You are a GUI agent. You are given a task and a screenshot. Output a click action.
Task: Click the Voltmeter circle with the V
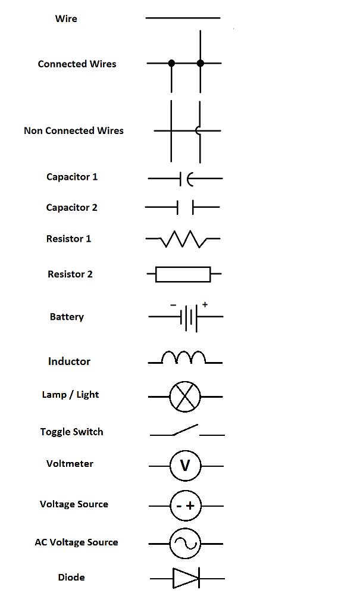pyautogui.click(x=185, y=465)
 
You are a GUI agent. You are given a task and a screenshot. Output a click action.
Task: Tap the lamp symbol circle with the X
pyautogui.click(x=185, y=397)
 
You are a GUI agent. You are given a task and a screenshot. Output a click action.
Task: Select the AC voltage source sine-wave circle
pyautogui.click(x=185, y=543)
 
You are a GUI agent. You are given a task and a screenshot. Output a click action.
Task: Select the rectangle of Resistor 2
pyautogui.click(x=183, y=274)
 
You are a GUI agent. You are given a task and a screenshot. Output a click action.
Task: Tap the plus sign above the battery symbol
pyautogui.click(x=205, y=304)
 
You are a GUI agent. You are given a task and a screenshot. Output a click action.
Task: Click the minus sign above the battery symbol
pyautogui.click(x=173, y=305)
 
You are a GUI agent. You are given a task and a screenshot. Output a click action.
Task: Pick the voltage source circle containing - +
pyautogui.click(x=186, y=506)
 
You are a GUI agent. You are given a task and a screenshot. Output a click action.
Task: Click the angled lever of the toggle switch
pyautogui.click(x=185, y=429)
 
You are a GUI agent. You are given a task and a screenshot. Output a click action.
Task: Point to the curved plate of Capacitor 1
pyautogui.click(x=189, y=178)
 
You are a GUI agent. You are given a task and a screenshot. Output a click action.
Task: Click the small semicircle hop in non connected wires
pyautogui.click(x=198, y=131)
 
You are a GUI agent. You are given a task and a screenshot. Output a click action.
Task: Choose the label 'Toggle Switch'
pyautogui.click(x=72, y=432)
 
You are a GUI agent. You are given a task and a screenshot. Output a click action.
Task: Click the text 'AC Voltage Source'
pyautogui.click(x=76, y=542)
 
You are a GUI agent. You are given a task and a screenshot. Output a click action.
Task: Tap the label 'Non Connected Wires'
pyautogui.click(x=74, y=130)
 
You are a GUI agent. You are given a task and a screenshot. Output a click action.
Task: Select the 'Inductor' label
pyautogui.click(x=69, y=361)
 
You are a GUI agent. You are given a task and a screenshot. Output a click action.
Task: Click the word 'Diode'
pyautogui.click(x=71, y=577)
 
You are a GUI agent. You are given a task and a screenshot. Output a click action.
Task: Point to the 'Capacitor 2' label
pyautogui.click(x=71, y=208)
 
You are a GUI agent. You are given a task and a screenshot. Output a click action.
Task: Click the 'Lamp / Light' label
pyautogui.click(x=70, y=395)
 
